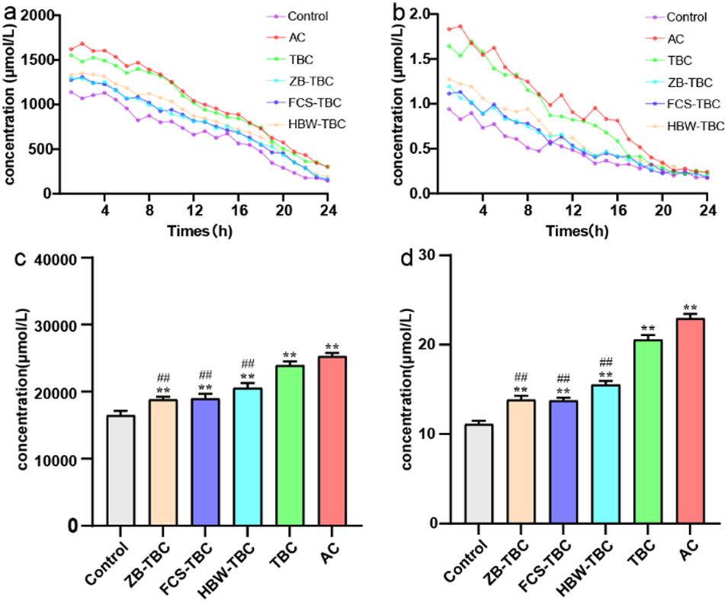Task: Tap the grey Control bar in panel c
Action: [x=121, y=469]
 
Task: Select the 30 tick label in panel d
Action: [x=435, y=255]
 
